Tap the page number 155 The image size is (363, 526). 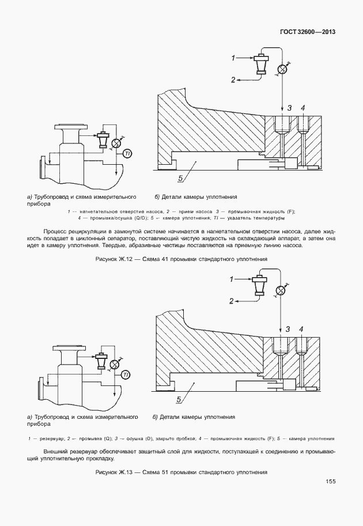[x=330, y=482]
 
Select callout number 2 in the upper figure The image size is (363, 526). [x=233, y=80]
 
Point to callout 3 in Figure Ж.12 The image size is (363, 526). [x=289, y=108]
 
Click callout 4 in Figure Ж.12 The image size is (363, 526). [x=302, y=108]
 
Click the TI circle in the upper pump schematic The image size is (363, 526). [x=127, y=153]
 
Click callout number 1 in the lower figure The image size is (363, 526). [x=232, y=279]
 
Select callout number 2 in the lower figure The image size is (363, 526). [x=232, y=301]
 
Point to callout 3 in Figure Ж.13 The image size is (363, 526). [x=288, y=329]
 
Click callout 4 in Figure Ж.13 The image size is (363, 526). [x=301, y=329]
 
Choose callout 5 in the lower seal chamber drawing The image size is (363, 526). [x=179, y=399]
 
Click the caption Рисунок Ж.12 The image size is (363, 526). [x=181, y=259]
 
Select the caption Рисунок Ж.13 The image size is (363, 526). [x=181, y=472]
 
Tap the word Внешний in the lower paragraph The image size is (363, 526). [x=55, y=451]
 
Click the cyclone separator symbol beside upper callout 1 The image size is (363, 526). [x=262, y=65]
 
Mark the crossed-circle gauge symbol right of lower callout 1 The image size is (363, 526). [x=281, y=290]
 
